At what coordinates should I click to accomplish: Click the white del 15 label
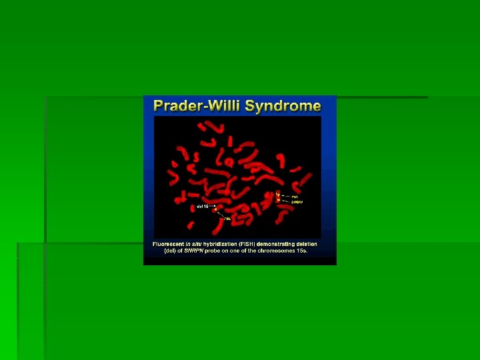coord(201,207)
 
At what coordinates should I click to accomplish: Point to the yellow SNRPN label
coord(298,201)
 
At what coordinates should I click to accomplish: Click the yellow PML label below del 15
coord(227,218)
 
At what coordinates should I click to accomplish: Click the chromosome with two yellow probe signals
coord(279,197)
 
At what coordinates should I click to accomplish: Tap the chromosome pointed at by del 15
coord(216,209)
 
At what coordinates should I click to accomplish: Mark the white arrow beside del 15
coord(211,207)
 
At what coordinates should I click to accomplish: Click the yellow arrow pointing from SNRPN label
coord(286,200)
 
